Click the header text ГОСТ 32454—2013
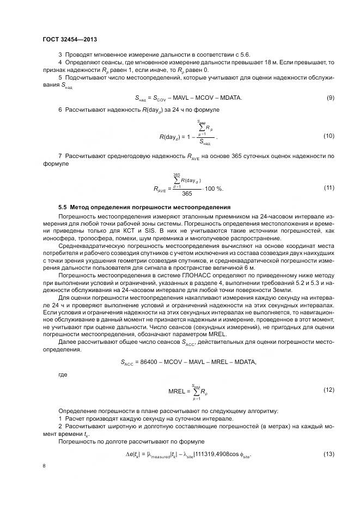[x=69, y=39]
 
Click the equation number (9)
[x=330, y=98]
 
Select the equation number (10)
[x=328, y=135]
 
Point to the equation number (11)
[x=328, y=187]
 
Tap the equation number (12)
[x=328, y=390]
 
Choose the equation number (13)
[x=328, y=454]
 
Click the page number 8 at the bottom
[x=44, y=466]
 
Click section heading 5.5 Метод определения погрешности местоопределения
[x=137, y=208]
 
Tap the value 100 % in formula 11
[x=215, y=188]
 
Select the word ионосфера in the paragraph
[x=57, y=238]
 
